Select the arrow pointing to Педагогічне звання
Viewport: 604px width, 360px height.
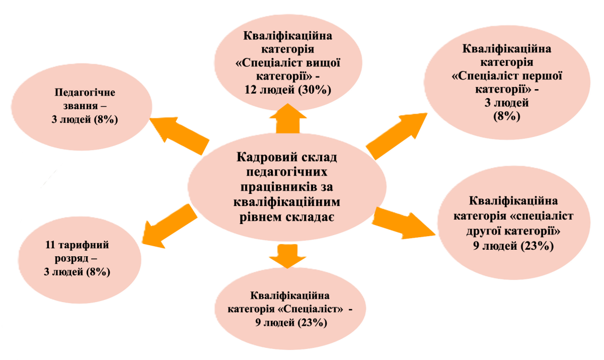[x=179, y=133]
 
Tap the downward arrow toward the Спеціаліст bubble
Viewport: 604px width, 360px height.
[x=287, y=255]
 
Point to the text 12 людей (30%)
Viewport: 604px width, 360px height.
[x=287, y=90]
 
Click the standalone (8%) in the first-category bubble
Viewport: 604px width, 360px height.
[x=506, y=116]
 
